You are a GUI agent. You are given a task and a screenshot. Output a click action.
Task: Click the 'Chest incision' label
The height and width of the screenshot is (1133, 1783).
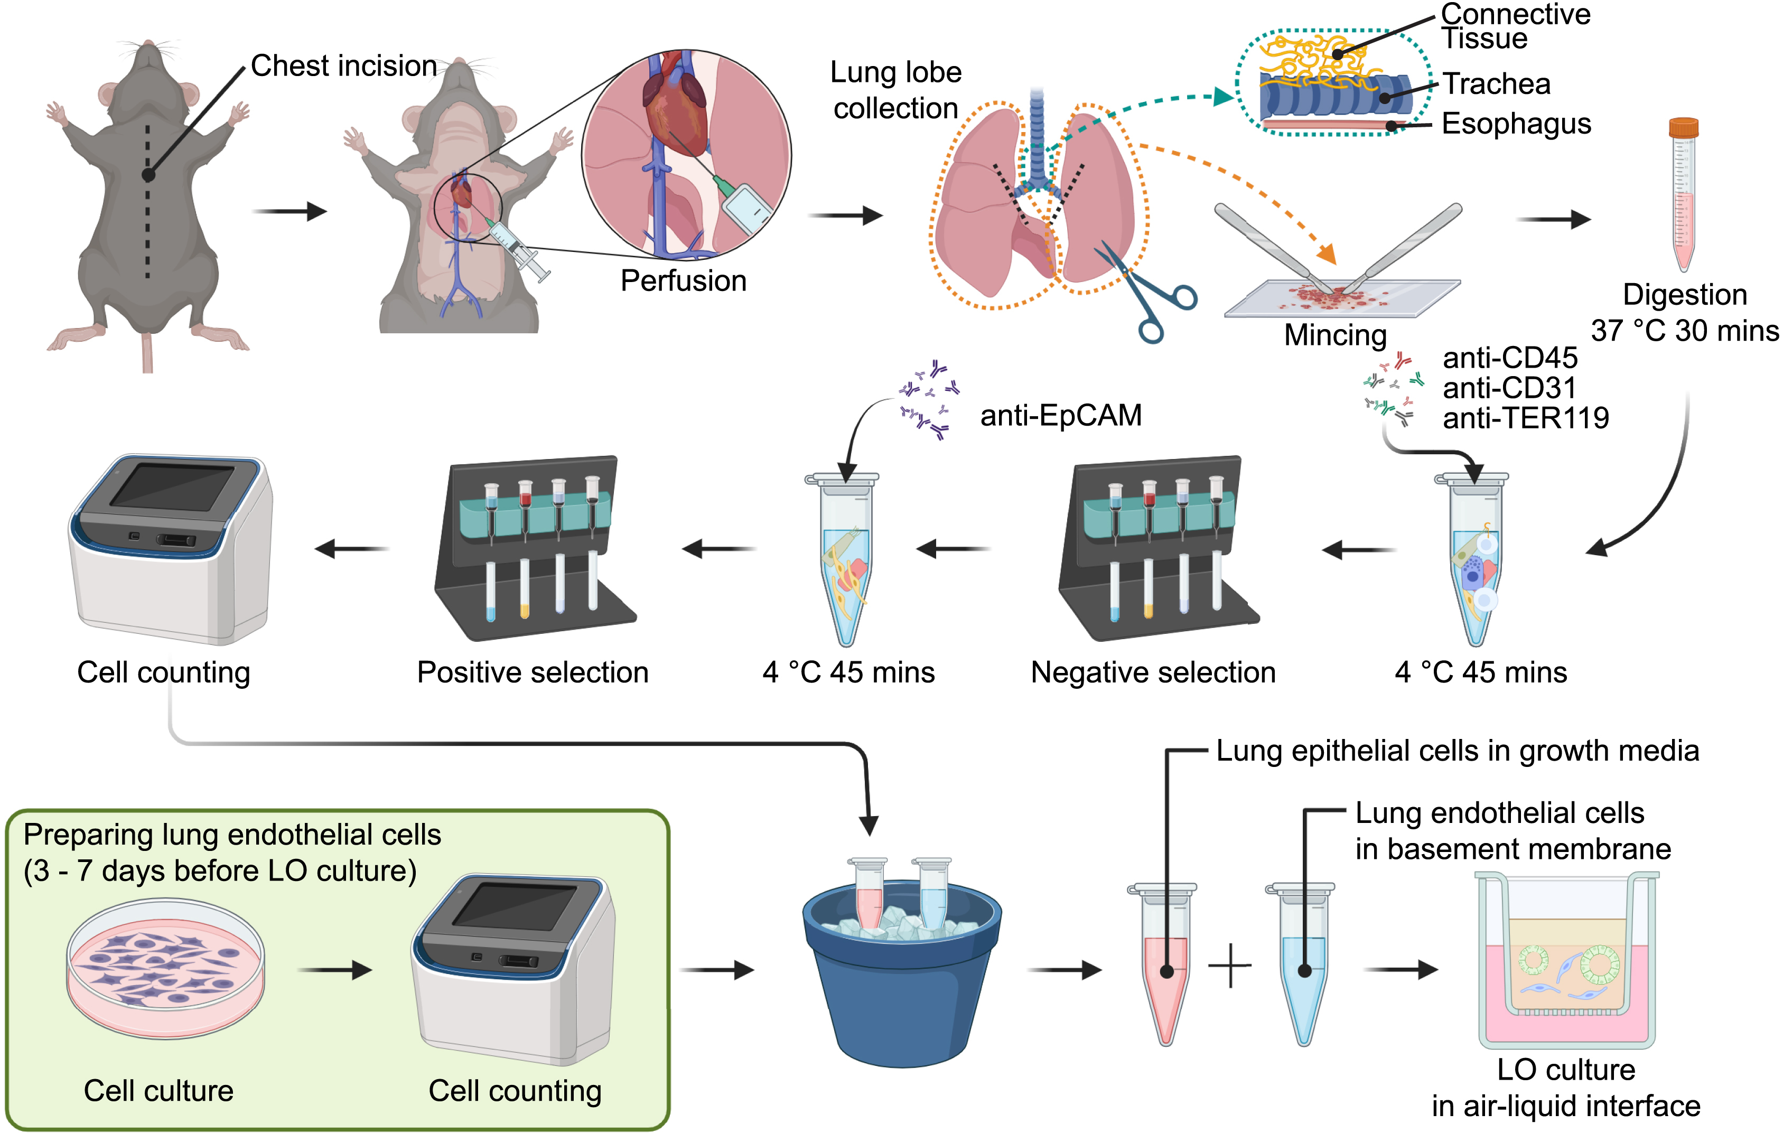tap(343, 66)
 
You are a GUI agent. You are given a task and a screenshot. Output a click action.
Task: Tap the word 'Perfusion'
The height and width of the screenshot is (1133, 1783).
tap(683, 280)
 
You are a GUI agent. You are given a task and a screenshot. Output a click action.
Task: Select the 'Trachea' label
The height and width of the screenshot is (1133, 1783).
tap(1496, 83)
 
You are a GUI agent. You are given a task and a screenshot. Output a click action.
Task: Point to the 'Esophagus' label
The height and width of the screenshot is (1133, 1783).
tap(1516, 124)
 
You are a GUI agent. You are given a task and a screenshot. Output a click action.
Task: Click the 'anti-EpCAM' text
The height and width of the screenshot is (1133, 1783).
tap(1060, 415)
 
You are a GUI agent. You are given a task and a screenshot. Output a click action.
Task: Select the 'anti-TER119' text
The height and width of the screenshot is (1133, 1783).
tap(1525, 418)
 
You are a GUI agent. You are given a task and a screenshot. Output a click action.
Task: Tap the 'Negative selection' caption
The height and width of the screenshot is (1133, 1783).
tap(1153, 672)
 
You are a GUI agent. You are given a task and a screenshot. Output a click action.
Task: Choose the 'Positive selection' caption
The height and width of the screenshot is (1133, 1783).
tap(533, 672)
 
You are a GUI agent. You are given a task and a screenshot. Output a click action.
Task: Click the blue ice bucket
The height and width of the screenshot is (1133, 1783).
tap(901, 978)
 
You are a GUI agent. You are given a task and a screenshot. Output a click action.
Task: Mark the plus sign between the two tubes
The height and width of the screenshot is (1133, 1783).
tap(1230, 966)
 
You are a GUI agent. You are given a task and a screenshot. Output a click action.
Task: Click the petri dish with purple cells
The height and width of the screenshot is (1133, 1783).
tap(165, 967)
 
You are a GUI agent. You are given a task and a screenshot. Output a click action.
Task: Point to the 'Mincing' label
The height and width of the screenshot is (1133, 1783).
tap(1334, 335)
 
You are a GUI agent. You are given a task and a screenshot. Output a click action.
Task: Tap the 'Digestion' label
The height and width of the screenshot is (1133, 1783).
tap(1685, 295)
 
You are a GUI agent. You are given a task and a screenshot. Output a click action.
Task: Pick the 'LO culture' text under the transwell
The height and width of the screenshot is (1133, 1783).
tap(1565, 1069)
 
